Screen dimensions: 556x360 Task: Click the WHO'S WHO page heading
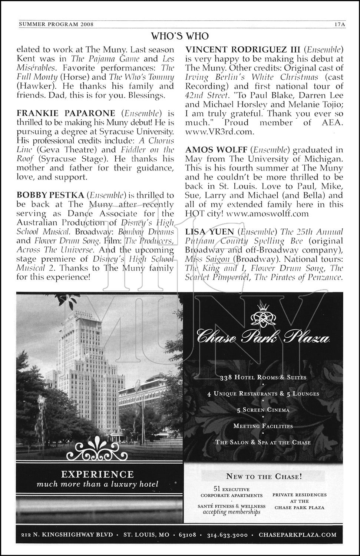click(180, 36)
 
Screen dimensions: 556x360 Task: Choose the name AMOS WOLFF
click(216, 150)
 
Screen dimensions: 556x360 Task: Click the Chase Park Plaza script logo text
click(263, 338)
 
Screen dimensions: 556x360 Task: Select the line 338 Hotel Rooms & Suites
click(263, 377)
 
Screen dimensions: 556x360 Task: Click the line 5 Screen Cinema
click(263, 410)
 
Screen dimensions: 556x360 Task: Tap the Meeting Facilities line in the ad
click(263, 426)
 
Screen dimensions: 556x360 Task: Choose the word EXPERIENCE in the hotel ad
click(97, 474)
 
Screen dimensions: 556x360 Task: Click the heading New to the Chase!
click(264, 477)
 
